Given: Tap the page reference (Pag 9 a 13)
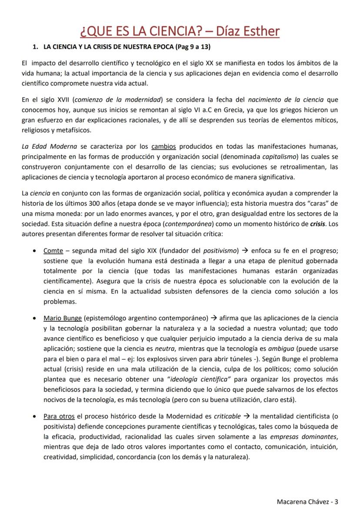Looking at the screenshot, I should [192, 47].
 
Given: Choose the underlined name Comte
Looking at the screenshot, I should [53, 251].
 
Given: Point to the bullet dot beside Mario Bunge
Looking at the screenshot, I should [34, 318].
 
